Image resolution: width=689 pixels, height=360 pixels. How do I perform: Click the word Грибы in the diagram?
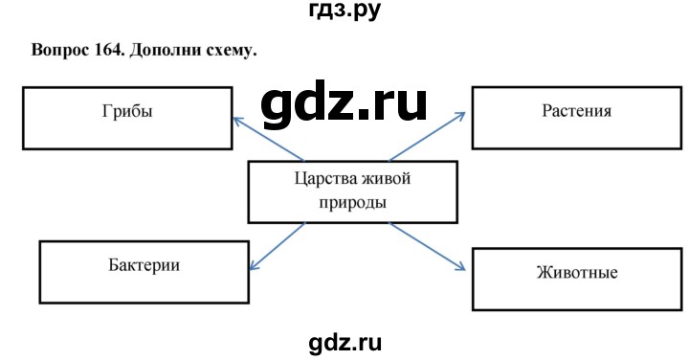coord(125,111)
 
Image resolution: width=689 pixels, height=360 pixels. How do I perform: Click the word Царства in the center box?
coord(321,178)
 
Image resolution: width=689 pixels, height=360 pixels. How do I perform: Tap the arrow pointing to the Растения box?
coord(427,135)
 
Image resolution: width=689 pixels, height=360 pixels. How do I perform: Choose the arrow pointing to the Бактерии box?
coord(278,244)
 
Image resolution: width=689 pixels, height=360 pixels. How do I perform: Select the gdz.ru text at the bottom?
coord(344,338)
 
